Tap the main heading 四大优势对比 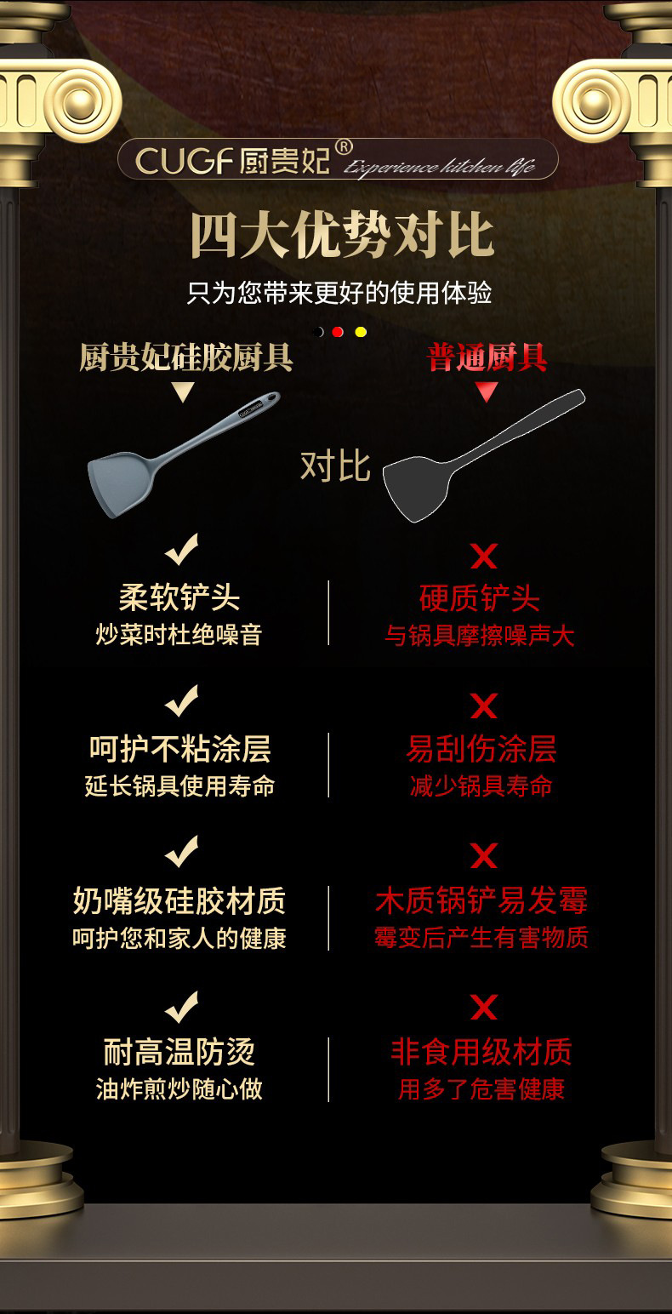coord(341,236)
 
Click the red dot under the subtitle coord(338,332)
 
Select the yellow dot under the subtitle coord(361,332)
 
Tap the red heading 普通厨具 coord(487,358)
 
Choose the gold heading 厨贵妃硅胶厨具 coord(185,358)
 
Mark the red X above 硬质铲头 coord(484,557)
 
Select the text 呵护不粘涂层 coord(180,749)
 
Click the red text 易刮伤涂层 coord(481,749)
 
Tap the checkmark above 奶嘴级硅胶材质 coord(181,851)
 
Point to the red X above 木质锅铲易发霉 coord(484,856)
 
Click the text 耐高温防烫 coord(179,1053)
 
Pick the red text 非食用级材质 coord(481,1053)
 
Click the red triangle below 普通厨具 coord(487,391)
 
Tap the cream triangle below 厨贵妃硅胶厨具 coord(183,392)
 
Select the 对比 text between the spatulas coord(335,466)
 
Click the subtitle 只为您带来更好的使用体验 coord(339,294)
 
